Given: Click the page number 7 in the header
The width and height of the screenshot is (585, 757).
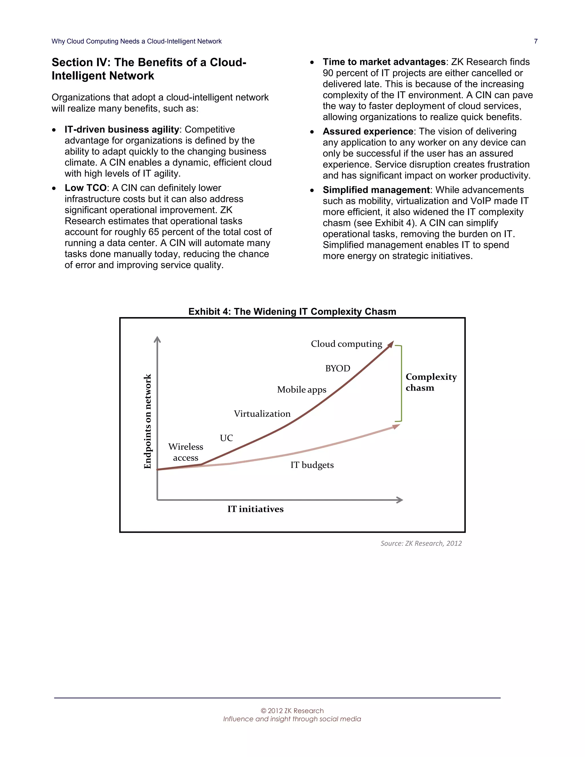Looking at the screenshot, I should pyautogui.click(x=536, y=41).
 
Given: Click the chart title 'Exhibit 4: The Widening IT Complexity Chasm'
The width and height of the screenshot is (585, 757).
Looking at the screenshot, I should pyautogui.click(x=292, y=311).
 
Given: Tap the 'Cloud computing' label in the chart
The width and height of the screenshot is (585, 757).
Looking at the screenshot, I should pyautogui.click(x=346, y=344).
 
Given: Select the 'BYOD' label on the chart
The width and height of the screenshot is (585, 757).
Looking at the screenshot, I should pyautogui.click(x=338, y=368).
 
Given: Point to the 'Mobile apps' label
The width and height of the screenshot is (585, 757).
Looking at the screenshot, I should pyautogui.click(x=302, y=390).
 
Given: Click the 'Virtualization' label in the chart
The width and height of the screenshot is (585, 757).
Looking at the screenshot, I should pyautogui.click(x=262, y=414).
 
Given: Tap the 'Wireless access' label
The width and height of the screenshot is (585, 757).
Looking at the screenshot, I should pyautogui.click(x=186, y=452).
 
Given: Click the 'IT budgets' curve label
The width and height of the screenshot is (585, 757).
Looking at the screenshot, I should pyautogui.click(x=312, y=465).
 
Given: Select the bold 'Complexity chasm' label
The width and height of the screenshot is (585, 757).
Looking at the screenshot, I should pyautogui.click(x=431, y=382).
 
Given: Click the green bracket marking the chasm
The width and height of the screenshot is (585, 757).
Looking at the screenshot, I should pyautogui.click(x=401, y=383).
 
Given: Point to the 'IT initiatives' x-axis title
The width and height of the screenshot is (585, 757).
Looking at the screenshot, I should pyautogui.click(x=255, y=509).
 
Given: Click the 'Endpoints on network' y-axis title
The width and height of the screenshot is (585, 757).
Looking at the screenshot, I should pyautogui.click(x=148, y=421).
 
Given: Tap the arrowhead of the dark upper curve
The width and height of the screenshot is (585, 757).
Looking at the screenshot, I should pyautogui.click(x=391, y=343).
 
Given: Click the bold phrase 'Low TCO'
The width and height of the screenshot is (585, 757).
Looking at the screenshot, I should pyautogui.click(x=85, y=188).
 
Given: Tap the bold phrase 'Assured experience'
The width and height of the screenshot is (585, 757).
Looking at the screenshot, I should pyautogui.click(x=368, y=131).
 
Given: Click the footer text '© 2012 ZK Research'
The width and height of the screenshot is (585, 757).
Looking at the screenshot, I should pyautogui.click(x=292, y=710).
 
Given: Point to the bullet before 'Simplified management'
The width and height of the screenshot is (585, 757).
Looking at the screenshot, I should pyautogui.click(x=312, y=190).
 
